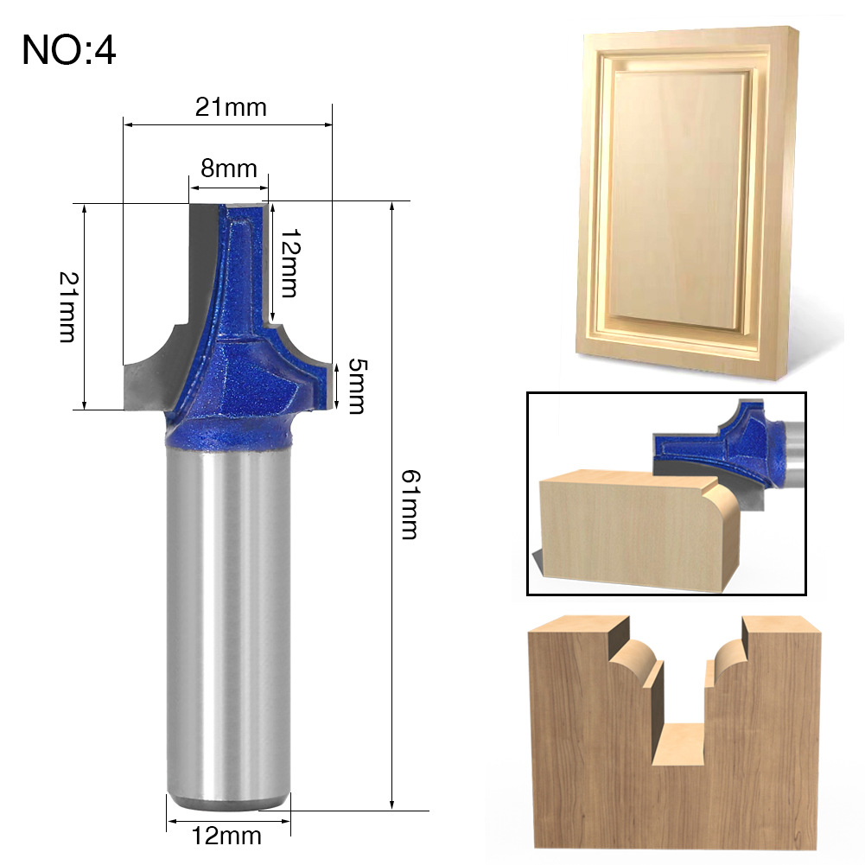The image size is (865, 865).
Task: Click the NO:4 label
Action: [69, 50]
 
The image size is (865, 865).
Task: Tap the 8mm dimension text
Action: [229, 169]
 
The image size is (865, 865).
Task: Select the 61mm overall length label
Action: [409, 504]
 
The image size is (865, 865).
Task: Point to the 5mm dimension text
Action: [356, 386]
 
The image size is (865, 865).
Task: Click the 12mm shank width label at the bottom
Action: [226, 836]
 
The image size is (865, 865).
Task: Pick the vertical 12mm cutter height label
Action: [289, 264]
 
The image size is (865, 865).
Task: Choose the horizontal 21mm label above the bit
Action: [231, 107]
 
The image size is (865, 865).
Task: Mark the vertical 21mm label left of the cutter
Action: [68, 307]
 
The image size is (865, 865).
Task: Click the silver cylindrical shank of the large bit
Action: [228, 626]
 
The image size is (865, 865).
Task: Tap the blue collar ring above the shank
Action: [227, 431]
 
